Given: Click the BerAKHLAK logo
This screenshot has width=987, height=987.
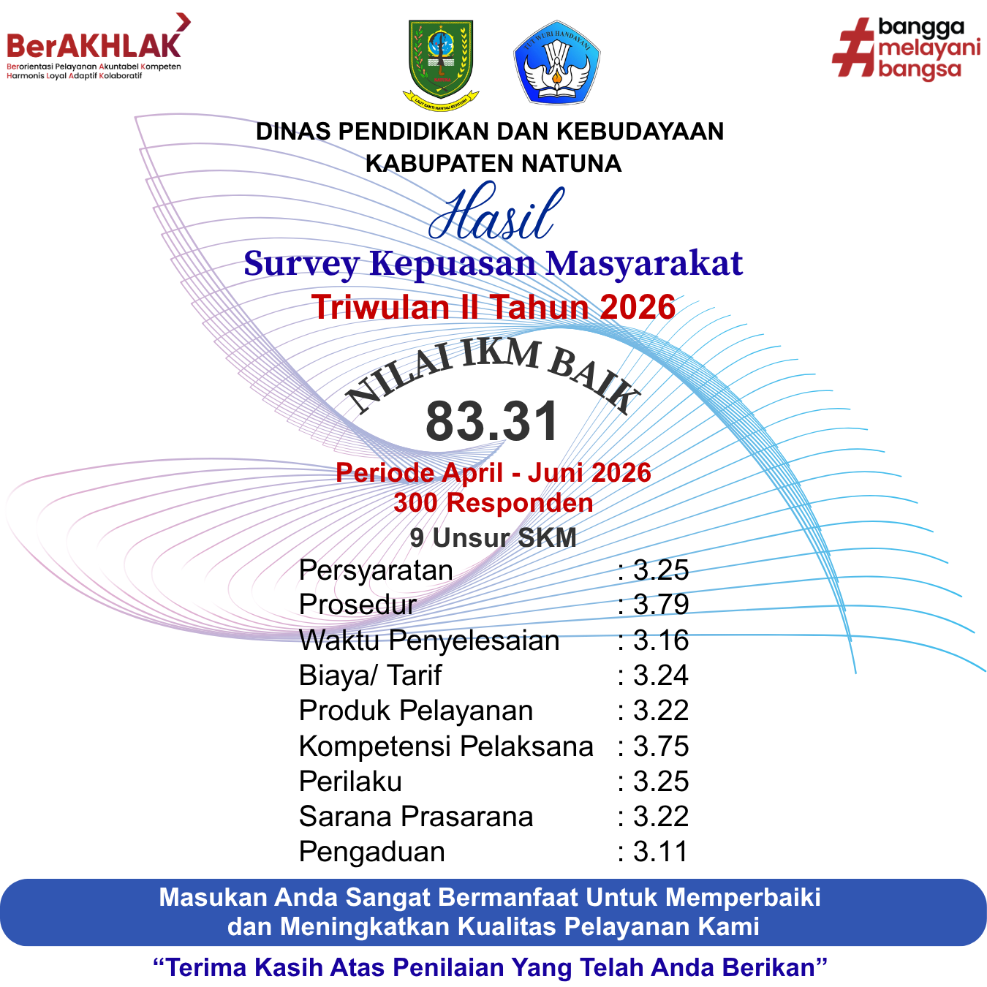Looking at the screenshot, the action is (98, 47).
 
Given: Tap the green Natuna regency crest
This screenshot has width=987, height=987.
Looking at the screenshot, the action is (440, 65).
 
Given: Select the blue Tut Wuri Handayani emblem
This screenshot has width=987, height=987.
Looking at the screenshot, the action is (557, 62).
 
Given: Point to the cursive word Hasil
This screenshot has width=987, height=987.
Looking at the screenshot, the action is (496, 212).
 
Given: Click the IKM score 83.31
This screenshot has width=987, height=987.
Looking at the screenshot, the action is (492, 421).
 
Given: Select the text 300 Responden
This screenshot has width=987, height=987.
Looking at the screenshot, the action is (494, 502).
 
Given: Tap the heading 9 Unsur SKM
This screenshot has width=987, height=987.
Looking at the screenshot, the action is (493, 538).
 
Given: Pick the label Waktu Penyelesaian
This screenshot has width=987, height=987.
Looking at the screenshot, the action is (428, 640).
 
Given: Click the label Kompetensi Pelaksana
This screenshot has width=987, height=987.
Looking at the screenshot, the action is (446, 746).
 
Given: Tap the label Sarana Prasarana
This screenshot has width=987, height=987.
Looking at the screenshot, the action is (416, 817).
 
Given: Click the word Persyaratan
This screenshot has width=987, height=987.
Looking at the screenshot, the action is (376, 570).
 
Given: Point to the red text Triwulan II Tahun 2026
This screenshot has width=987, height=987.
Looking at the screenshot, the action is (494, 307).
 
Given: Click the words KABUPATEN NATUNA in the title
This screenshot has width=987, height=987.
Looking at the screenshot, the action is (494, 164).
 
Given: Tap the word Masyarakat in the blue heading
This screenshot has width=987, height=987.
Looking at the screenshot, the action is (644, 264).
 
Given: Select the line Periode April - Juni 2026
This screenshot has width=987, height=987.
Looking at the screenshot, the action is (494, 472).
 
